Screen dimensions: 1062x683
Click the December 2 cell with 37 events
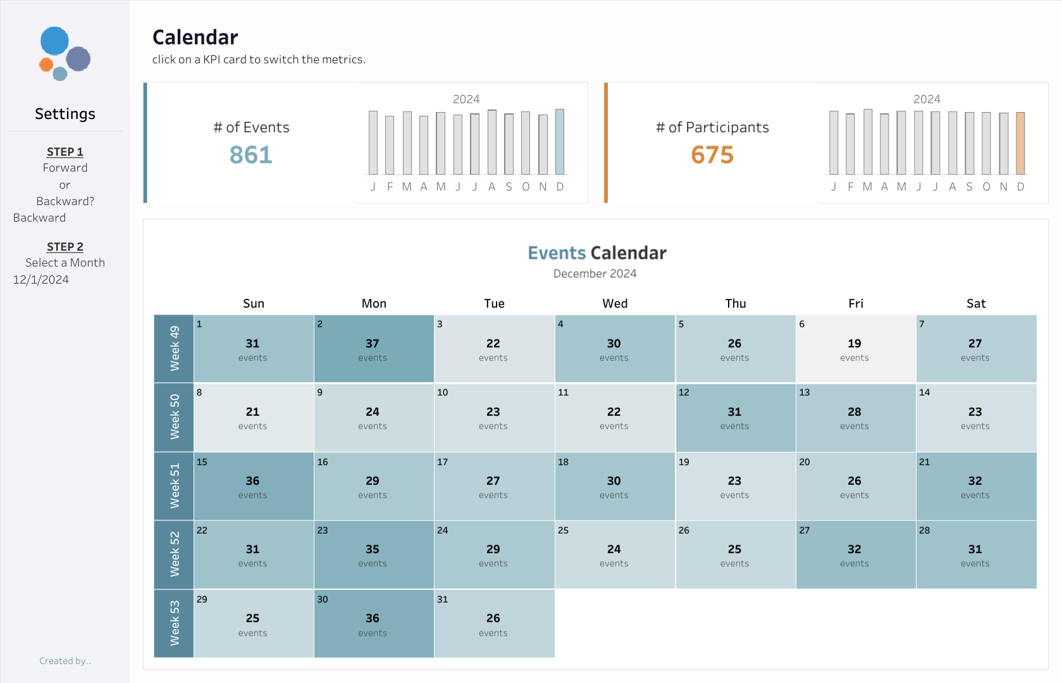374,349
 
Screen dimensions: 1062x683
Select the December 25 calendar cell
615,555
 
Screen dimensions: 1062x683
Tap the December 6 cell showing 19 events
856,349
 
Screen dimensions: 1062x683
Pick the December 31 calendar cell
494,623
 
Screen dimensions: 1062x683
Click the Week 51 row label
174,486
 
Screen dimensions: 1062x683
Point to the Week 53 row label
174,623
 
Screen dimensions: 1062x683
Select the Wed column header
615,304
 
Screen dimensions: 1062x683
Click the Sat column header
976,304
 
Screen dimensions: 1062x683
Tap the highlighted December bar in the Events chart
560,142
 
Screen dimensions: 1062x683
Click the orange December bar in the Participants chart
1020,143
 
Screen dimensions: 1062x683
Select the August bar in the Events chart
492,142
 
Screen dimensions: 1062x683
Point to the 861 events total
251,155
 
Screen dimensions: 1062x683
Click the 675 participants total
712,155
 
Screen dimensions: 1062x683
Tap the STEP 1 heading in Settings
65,152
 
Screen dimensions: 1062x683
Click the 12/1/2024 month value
40,280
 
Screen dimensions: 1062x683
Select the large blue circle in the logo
54,41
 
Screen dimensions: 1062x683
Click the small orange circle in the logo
46,65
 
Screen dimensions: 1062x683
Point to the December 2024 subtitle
595,273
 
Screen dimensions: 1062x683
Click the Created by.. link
65,661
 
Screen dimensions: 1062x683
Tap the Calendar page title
195,37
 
